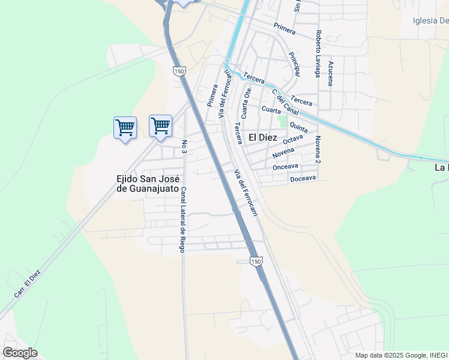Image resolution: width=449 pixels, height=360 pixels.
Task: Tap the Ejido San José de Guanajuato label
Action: (x=148, y=184)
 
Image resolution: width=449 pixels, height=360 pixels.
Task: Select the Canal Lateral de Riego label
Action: (x=183, y=219)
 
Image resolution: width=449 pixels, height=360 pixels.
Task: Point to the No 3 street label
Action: (x=184, y=146)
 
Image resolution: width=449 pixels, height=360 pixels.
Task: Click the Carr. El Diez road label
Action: (x=28, y=284)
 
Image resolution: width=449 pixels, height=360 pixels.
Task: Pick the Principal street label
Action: (x=294, y=63)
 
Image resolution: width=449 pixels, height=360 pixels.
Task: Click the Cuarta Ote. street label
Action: (x=245, y=103)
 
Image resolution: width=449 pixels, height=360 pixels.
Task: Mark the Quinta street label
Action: (x=298, y=127)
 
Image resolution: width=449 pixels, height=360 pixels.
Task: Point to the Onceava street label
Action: (x=285, y=166)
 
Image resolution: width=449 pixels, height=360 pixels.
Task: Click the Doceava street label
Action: (x=302, y=179)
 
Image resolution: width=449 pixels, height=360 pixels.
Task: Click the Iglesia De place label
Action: (x=430, y=21)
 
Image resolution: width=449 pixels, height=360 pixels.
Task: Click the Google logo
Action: (x=20, y=353)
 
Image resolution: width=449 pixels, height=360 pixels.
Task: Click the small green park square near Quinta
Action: (x=283, y=121)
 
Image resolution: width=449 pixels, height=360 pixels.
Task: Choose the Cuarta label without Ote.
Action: (x=271, y=110)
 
